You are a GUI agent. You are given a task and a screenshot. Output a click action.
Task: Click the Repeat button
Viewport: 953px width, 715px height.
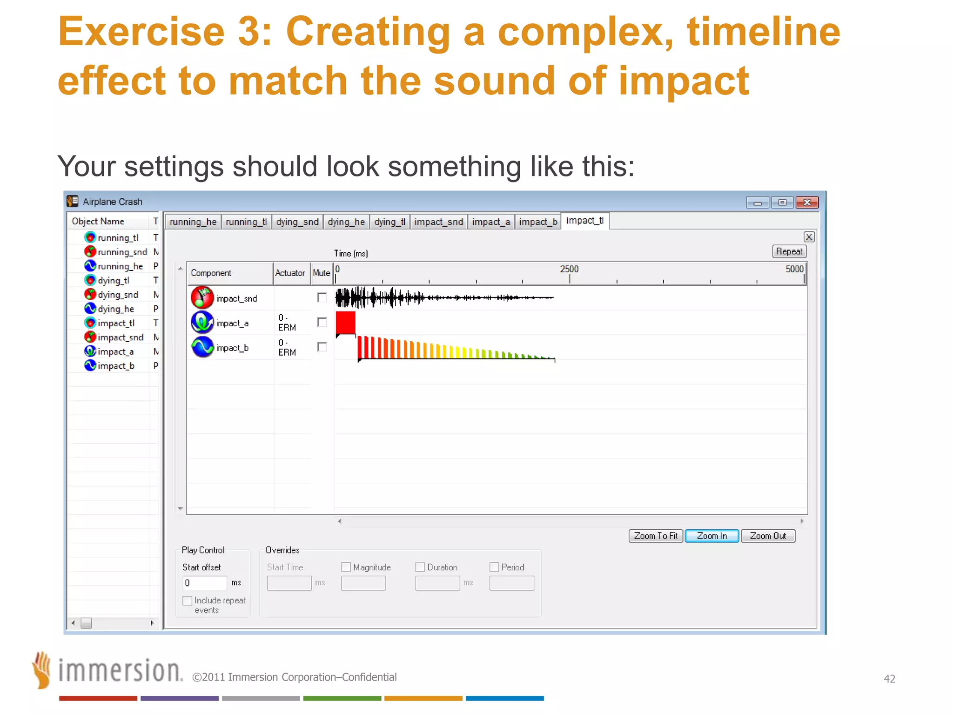coord(789,251)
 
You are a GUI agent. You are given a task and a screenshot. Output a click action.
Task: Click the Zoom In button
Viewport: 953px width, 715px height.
coord(711,536)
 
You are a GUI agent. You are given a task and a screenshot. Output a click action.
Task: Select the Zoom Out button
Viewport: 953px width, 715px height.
coord(768,536)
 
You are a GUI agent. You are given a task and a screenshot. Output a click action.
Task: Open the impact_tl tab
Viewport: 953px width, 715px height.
coord(585,221)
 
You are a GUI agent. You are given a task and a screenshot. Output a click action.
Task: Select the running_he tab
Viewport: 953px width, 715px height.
coord(193,222)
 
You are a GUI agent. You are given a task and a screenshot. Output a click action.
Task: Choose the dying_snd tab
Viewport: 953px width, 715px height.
coord(297,222)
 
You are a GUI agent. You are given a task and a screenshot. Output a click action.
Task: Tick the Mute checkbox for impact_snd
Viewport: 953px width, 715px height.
coord(322,297)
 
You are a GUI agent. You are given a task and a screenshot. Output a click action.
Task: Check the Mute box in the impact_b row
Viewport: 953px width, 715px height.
coord(322,347)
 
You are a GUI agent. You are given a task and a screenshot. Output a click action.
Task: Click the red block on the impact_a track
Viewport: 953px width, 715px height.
coord(345,323)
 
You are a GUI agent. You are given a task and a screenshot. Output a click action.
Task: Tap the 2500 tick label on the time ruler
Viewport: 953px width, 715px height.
coord(569,269)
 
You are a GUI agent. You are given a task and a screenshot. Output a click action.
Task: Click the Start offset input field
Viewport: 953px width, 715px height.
coord(205,583)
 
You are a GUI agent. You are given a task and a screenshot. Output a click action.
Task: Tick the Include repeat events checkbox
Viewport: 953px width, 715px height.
coord(188,600)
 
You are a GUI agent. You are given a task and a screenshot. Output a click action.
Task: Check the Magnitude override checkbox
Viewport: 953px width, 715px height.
coord(346,567)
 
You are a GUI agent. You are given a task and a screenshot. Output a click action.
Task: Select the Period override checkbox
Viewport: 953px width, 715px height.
coord(494,567)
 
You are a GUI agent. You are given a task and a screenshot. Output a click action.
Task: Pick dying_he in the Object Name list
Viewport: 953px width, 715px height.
coord(116,309)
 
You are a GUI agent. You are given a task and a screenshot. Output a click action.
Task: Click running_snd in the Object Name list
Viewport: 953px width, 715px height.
coord(122,252)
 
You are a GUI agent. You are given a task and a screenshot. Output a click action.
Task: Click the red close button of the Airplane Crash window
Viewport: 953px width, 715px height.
coord(807,202)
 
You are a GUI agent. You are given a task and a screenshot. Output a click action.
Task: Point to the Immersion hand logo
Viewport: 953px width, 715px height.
coord(42,670)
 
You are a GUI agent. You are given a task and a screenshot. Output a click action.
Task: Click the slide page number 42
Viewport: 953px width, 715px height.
coord(889,679)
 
